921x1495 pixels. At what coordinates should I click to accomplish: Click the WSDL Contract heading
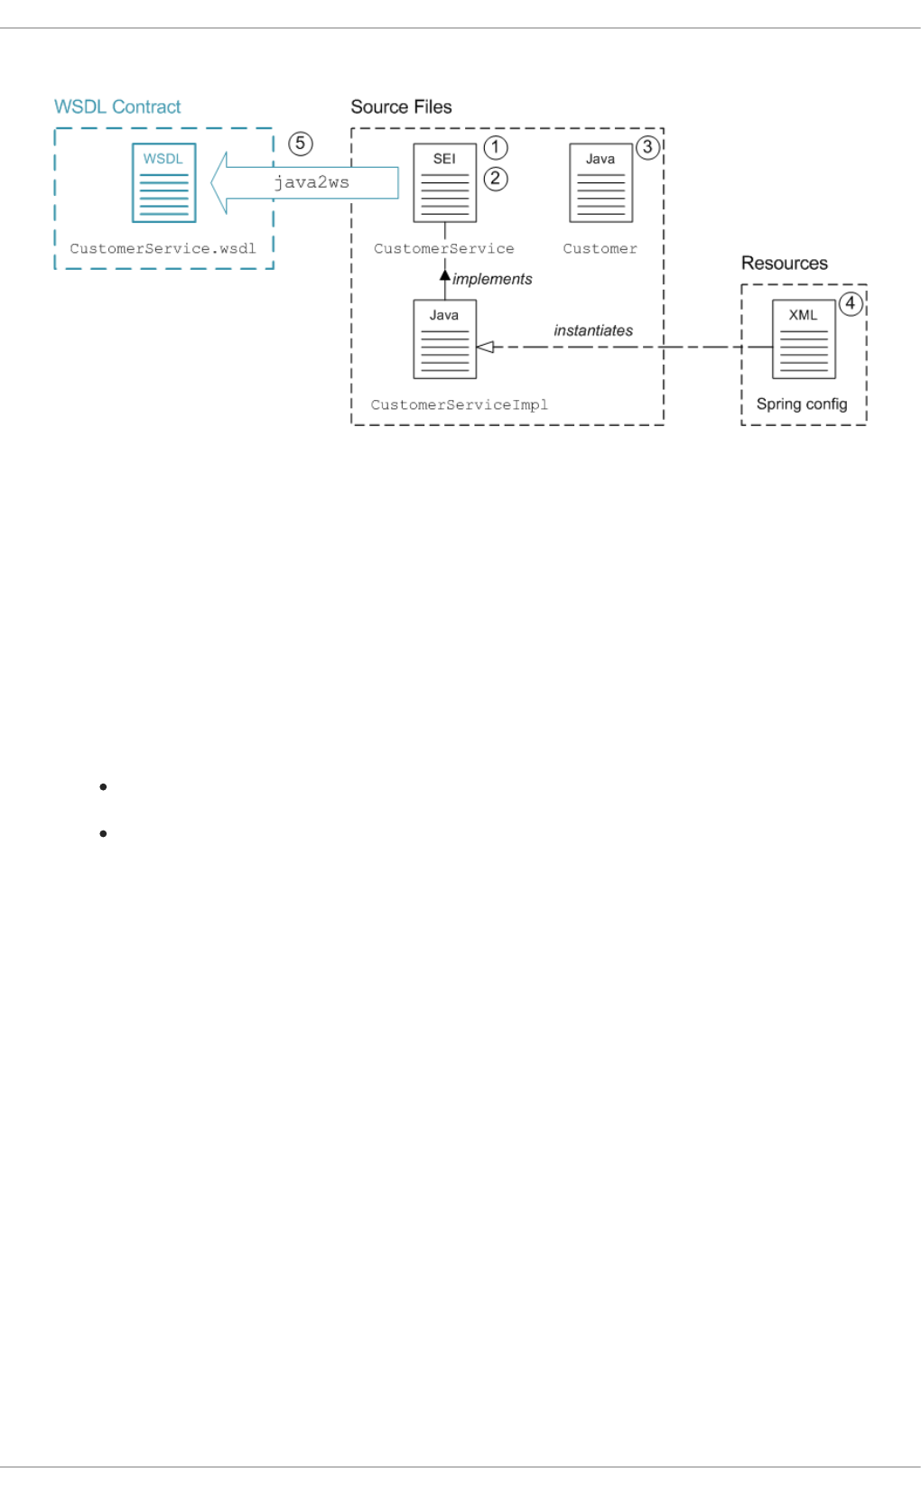point(117,107)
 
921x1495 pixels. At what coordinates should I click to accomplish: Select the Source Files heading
point(401,107)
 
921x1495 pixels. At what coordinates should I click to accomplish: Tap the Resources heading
point(784,263)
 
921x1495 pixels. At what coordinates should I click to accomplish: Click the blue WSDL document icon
point(163,182)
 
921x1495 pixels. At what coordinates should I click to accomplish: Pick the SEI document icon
point(444,182)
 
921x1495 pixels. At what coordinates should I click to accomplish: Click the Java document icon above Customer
point(600,182)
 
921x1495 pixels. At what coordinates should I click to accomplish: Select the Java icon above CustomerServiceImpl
point(444,339)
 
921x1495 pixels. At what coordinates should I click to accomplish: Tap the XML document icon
point(803,339)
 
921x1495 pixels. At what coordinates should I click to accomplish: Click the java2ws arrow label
point(312,182)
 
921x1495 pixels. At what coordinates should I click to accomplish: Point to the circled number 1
point(496,147)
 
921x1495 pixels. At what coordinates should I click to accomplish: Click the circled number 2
point(496,179)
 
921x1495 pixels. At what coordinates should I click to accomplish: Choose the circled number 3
point(647,147)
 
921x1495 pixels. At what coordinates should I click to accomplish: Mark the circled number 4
point(850,303)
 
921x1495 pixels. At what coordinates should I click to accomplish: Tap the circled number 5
point(300,144)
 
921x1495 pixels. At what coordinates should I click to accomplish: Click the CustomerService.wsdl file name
point(163,248)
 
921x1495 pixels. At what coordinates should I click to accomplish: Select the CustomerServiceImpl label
point(459,404)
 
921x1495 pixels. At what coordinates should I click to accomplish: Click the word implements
point(492,279)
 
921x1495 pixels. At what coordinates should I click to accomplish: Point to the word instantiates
point(593,330)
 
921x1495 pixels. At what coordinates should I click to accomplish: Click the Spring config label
point(802,404)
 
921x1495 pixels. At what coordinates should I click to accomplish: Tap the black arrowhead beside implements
point(445,274)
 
